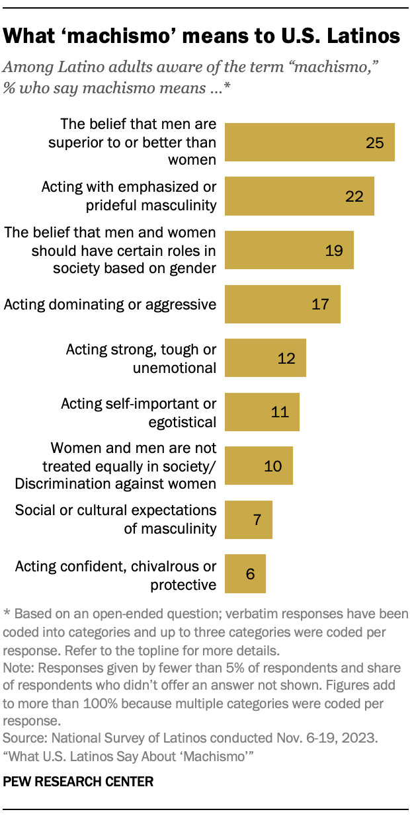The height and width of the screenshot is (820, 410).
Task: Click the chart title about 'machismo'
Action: [x=202, y=36]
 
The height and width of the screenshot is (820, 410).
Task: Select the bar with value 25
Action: [x=309, y=142]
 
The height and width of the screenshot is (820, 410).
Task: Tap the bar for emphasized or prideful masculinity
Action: [x=300, y=196]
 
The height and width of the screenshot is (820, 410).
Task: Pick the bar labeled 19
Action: [x=289, y=250]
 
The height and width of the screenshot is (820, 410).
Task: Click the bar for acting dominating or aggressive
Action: [x=282, y=304]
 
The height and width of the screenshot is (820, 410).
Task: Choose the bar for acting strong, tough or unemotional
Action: [x=265, y=358]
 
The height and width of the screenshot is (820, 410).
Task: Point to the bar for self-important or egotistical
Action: [x=262, y=412]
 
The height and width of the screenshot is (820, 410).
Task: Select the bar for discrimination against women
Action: [x=259, y=466]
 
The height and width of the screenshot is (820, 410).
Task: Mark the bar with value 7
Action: [x=248, y=520]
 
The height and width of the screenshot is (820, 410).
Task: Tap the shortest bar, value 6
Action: [x=245, y=573]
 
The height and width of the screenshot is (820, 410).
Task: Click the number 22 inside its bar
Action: [x=354, y=196]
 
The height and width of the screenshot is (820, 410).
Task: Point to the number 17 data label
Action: [x=321, y=304]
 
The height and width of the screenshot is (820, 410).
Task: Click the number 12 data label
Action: [x=286, y=358]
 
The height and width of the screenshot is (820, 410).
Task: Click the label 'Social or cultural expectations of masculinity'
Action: [x=116, y=520]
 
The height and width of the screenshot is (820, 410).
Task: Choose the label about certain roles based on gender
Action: [x=110, y=250]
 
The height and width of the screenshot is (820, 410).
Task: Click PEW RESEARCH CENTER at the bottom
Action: [x=79, y=782]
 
